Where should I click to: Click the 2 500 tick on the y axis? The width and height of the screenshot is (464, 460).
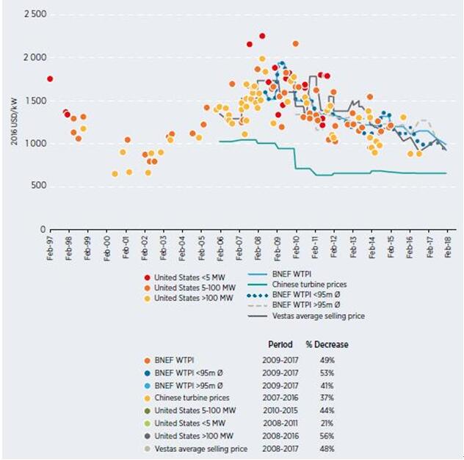tap(30, 15)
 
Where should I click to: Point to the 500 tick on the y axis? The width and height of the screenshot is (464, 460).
tap(35, 186)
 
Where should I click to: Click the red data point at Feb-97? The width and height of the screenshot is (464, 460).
tap(50, 79)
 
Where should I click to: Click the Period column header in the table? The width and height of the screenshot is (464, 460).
tap(280, 345)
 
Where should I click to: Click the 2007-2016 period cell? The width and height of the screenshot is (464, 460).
tap(279, 398)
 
